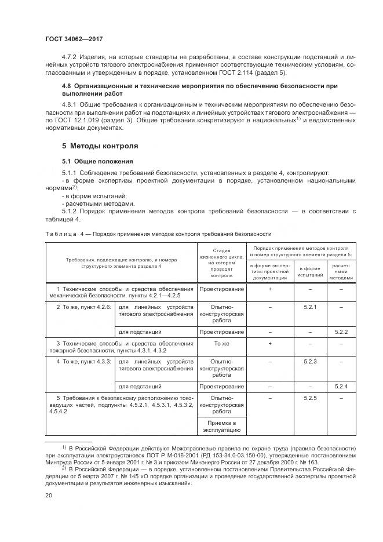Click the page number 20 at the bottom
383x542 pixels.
click(x=49, y=496)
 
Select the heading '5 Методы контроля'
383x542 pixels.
click(x=100, y=145)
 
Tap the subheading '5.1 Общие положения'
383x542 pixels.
click(x=98, y=161)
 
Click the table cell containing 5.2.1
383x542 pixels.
click(x=310, y=307)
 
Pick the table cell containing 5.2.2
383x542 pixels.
click(x=341, y=332)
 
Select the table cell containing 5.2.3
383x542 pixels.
click(x=310, y=361)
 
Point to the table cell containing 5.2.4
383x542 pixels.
click(x=341, y=386)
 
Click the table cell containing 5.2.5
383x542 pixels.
click(x=310, y=398)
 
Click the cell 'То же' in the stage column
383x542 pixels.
click(x=221, y=344)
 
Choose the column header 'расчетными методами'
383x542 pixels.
click(x=341, y=271)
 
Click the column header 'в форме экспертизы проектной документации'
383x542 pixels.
click(x=270, y=271)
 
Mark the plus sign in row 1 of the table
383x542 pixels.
click(x=270, y=289)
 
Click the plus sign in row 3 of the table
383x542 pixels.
click(x=270, y=344)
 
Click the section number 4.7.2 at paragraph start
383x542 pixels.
click(x=70, y=58)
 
